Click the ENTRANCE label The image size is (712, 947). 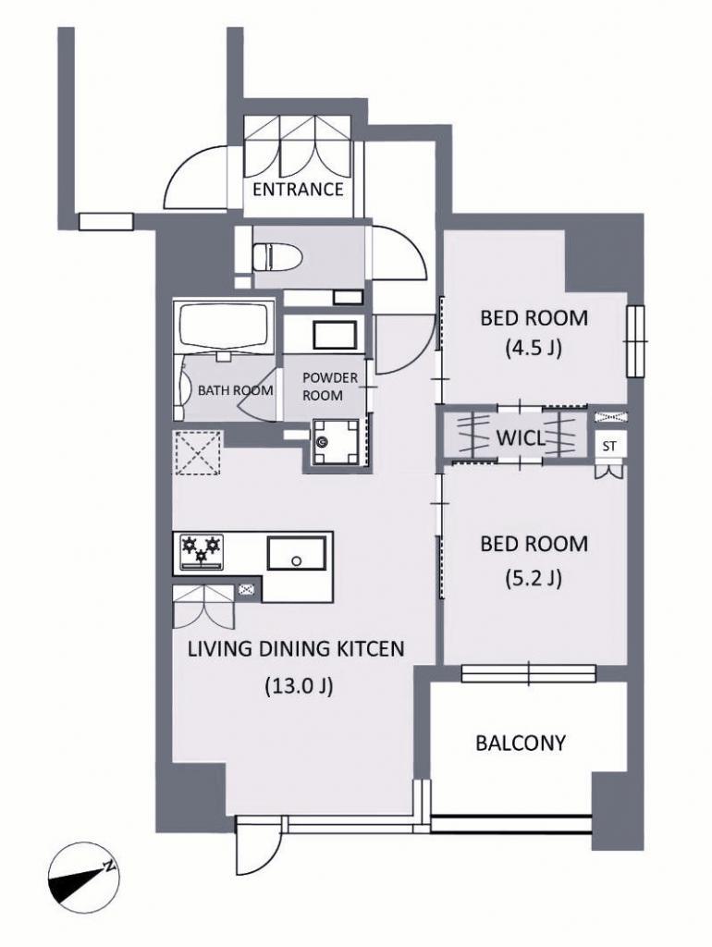coord(298,190)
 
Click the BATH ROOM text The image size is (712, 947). coord(236,390)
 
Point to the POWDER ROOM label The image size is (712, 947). coord(330,387)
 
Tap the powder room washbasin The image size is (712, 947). coord(335,335)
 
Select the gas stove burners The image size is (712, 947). coord(200,552)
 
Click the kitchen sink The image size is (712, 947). coord(297,553)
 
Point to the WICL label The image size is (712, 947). coord(520,437)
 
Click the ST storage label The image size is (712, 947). coord(610,447)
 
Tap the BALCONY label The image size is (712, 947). coord(521,743)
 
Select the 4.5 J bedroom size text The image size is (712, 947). coord(534,349)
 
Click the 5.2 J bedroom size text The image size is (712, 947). coord(534,579)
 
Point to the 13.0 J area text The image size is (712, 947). coord(299,686)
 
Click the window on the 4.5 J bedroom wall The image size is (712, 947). coord(636,341)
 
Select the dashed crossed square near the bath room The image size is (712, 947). coord(198,452)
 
